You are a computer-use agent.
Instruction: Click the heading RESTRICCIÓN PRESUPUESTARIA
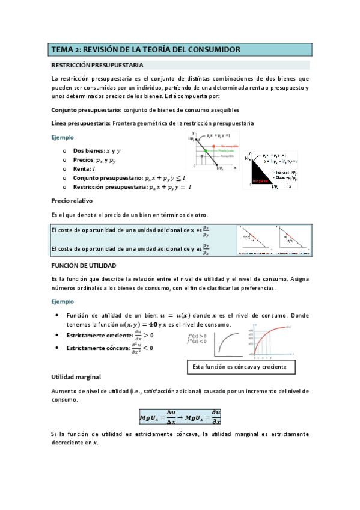(x=97, y=65)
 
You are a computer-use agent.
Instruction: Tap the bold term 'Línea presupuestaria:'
(x=81, y=123)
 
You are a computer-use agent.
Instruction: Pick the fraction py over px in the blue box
(x=206, y=249)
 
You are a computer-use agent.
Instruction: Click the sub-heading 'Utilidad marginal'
(x=76, y=376)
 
